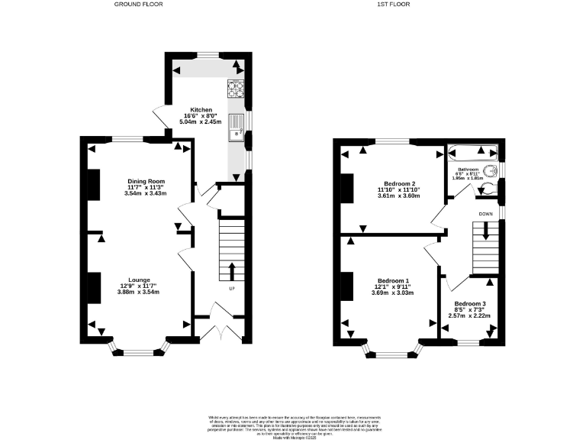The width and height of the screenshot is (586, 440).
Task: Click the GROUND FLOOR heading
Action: coord(138,5)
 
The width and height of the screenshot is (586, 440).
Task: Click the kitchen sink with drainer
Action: coord(234,136)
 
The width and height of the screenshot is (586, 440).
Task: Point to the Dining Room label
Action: coord(146,181)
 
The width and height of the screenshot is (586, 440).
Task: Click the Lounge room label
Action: coord(139,280)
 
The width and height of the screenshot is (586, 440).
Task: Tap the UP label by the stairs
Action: coord(231,289)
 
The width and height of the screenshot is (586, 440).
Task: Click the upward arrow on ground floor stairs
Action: coord(231,271)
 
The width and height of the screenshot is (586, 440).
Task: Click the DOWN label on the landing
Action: coord(485,214)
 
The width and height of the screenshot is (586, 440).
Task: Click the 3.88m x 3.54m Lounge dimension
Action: coord(139,292)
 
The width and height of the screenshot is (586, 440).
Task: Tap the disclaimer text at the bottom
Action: coord(293,423)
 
